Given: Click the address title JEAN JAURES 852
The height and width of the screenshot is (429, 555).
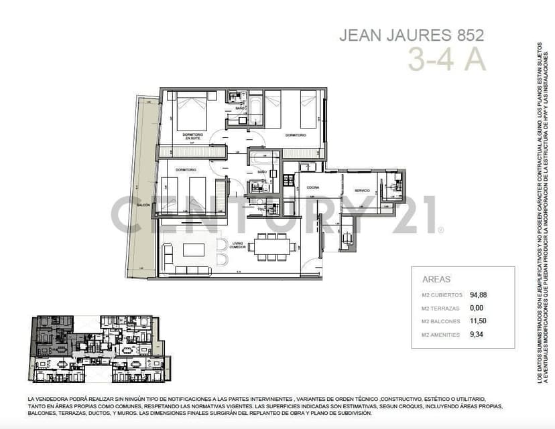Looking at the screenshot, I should [x=411, y=35].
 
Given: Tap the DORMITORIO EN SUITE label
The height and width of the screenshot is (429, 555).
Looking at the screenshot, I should [x=192, y=136].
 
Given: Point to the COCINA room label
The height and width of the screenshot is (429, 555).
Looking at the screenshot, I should [x=312, y=189].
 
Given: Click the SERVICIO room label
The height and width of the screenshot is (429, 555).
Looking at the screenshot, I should [x=362, y=191].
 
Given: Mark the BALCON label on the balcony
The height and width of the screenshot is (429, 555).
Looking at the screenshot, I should [x=142, y=205].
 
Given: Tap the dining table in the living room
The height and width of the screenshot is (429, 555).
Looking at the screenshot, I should [x=273, y=246].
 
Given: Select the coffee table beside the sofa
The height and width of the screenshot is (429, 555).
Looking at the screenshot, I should [x=194, y=250].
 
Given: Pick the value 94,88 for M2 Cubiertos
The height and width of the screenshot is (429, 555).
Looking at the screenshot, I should [x=479, y=294].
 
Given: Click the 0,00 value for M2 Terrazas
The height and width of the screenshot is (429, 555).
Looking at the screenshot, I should [x=477, y=308].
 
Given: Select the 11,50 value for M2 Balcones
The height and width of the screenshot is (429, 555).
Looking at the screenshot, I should [x=478, y=321].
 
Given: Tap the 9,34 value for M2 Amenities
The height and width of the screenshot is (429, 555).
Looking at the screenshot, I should [x=477, y=335].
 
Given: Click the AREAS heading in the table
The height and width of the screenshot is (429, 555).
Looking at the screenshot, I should [x=436, y=279].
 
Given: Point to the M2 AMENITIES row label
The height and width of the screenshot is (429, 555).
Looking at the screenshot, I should [x=441, y=335].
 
